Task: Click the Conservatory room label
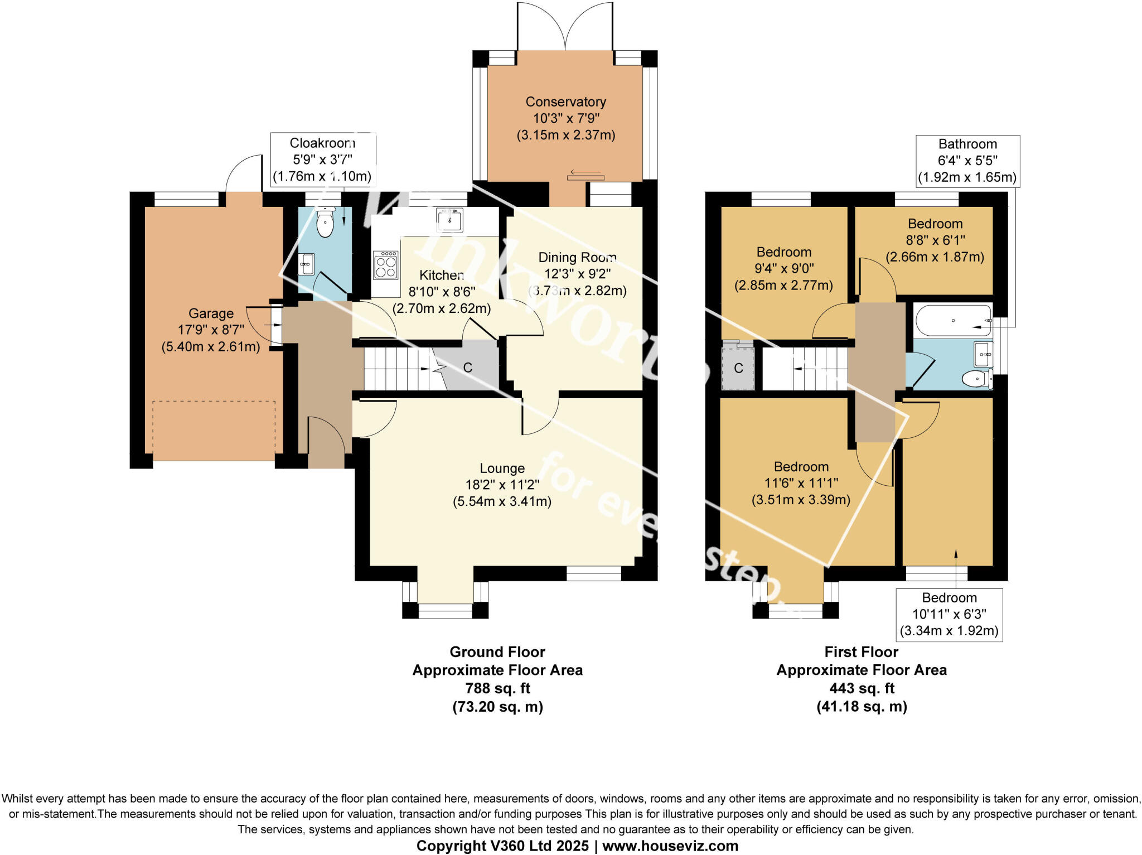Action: [565, 102]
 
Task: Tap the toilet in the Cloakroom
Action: [325, 223]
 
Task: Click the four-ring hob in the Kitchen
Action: [386, 265]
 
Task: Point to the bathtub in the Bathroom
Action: [953, 320]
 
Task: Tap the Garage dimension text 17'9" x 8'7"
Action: [211, 330]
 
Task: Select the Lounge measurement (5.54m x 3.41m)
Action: [502, 501]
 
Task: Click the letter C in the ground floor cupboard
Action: [468, 368]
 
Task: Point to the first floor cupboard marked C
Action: [738, 368]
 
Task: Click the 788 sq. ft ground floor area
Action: [497, 688]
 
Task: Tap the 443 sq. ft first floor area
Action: [862, 688]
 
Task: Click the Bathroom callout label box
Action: [967, 161]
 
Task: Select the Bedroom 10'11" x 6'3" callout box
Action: [949, 615]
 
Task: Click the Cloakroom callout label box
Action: [322, 160]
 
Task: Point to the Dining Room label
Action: [577, 258]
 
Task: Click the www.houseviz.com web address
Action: [670, 846]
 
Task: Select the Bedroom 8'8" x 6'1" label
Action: [935, 240]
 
